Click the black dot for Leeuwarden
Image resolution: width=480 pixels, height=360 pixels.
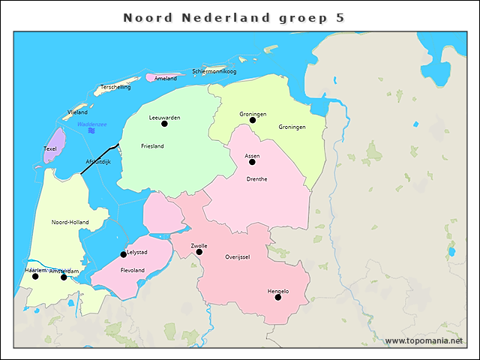164,124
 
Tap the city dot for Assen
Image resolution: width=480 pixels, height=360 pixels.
252,162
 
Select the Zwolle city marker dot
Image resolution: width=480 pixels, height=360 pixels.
199,252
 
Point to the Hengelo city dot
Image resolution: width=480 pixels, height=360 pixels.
277,297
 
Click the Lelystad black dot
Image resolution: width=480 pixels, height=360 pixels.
124,254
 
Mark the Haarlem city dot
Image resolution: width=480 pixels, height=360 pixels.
35,276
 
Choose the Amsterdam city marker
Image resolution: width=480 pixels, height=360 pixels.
64,277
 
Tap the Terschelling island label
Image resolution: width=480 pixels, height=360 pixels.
115,87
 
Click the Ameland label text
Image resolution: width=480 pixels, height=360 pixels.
166,78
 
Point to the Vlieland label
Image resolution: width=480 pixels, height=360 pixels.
77,112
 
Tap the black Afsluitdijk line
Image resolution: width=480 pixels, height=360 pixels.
100,159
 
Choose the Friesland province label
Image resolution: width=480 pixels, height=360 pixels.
152,145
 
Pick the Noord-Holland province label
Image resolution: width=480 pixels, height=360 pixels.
69,223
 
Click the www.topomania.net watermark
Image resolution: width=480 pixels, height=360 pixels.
429,340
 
